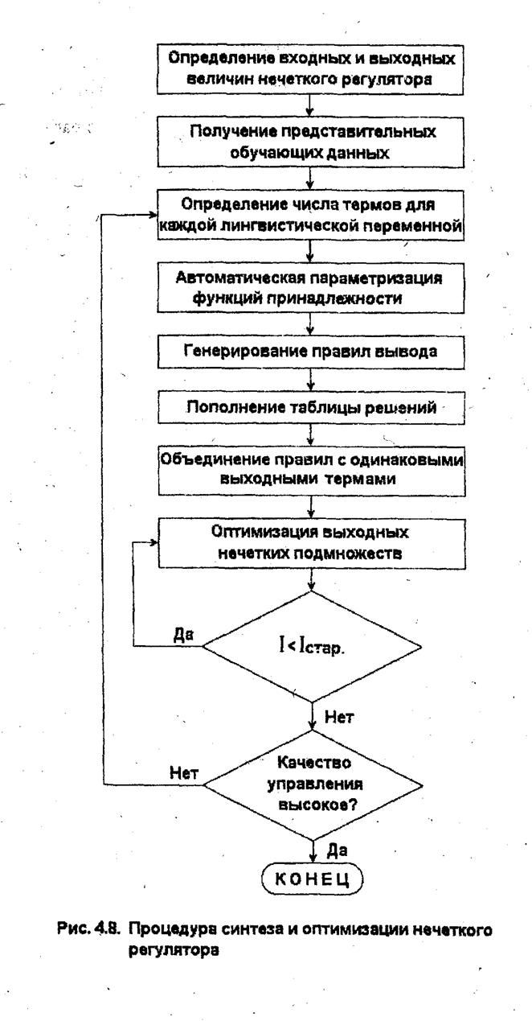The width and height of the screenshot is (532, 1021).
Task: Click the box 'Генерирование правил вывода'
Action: coord(311,352)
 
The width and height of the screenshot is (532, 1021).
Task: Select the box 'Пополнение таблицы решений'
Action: coord(311,407)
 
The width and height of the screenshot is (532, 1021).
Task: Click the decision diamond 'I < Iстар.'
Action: coord(312,646)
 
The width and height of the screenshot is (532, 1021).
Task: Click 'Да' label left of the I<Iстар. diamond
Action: coord(184,635)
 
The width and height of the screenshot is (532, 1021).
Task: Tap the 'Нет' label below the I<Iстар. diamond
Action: coord(339,717)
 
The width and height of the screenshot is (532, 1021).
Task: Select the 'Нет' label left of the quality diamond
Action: coord(184,773)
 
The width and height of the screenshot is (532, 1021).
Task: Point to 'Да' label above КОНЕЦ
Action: coord(338,850)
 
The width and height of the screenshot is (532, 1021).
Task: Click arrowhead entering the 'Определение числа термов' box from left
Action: coord(153,215)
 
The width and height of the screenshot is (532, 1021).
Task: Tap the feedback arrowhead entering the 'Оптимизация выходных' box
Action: coord(153,542)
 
